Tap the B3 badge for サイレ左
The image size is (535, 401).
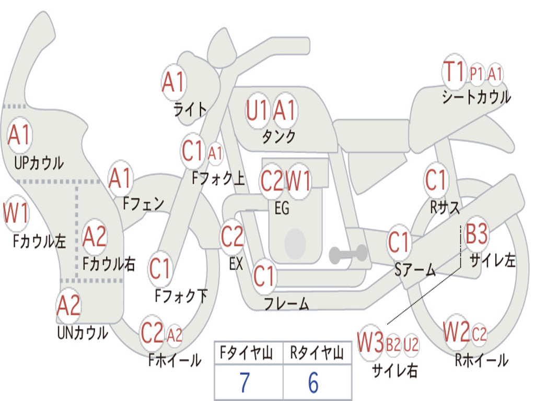point(476,234)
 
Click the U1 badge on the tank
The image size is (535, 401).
point(257,111)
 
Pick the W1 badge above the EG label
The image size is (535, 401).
point(299,181)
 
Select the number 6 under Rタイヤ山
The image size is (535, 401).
point(313,383)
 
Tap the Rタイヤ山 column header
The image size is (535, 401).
point(317,354)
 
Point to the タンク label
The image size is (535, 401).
point(278,136)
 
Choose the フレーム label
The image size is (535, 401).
point(286,303)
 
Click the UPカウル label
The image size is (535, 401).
point(39,162)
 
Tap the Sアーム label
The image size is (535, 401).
point(415,269)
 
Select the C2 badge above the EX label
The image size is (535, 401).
point(232,237)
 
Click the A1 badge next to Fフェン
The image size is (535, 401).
point(120,178)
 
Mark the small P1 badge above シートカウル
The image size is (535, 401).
point(476,74)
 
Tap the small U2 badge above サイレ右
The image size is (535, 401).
point(411,344)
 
